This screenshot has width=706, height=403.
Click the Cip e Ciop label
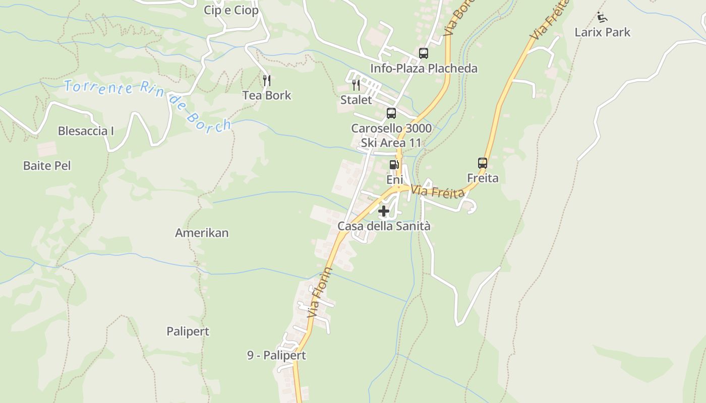[x=231, y=10]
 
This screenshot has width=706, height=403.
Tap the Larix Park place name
[x=602, y=32]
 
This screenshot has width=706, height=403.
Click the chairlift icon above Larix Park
[x=601, y=17]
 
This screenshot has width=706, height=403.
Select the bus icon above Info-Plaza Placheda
[x=424, y=53]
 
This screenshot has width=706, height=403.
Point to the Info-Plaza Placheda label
[x=424, y=69]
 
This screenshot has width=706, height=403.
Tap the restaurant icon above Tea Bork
[x=267, y=80]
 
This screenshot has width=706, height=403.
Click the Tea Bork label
[x=267, y=95]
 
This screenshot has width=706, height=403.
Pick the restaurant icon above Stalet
[x=356, y=85]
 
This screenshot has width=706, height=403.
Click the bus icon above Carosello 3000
[x=391, y=113]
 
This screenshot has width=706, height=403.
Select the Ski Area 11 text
[x=391, y=143]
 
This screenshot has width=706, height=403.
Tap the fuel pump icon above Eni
[x=394, y=165]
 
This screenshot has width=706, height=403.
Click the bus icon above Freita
[x=483, y=163]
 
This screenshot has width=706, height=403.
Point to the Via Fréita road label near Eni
[x=437, y=192]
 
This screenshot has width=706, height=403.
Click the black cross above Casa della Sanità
[x=384, y=211]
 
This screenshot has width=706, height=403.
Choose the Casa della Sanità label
[x=384, y=226]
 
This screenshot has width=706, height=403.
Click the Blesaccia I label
[x=86, y=131]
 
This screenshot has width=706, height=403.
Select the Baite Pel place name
[x=47, y=166]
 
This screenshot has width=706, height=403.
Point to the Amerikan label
[x=202, y=233]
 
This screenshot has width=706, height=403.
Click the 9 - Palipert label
[x=276, y=356]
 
